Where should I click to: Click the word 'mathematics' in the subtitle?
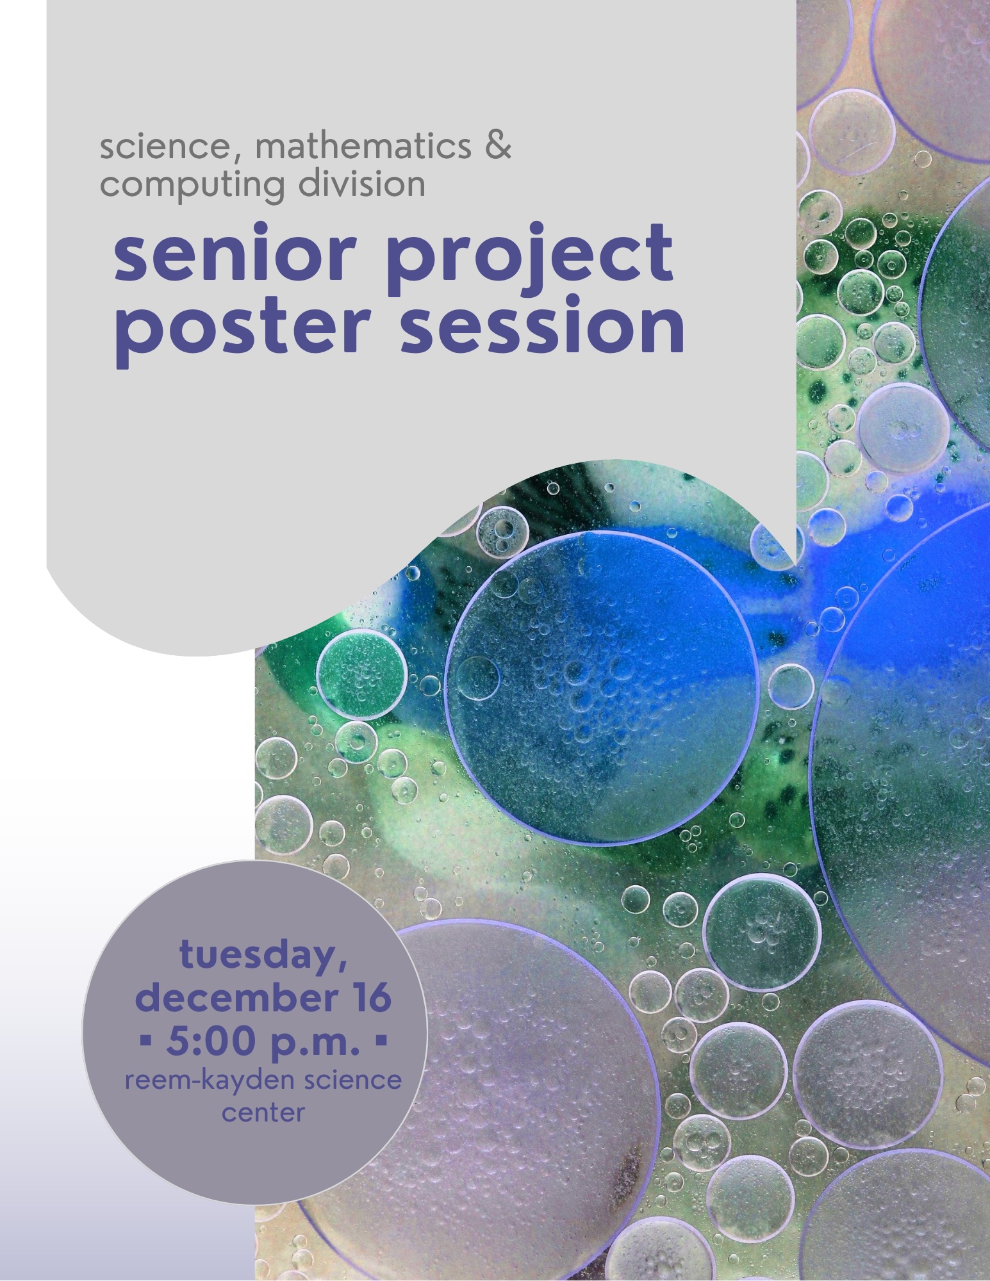click(363, 147)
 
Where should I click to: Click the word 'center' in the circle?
click(263, 1113)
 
